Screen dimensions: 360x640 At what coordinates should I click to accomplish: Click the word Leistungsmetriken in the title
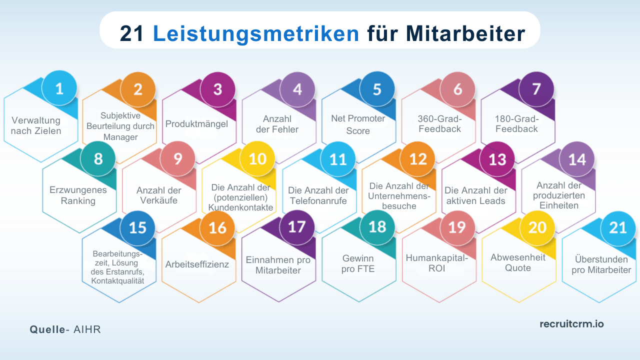click(256, 34)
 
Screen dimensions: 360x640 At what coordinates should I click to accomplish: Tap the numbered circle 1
click(59, 89)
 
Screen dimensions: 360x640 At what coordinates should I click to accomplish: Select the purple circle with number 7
click(536, 89)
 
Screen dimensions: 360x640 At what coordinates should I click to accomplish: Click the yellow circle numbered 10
click(257, 159)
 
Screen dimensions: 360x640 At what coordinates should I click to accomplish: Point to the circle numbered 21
click(618, 228)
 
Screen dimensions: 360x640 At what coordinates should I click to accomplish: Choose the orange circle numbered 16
click(217, 228)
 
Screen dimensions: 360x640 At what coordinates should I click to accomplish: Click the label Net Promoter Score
click(358, 124)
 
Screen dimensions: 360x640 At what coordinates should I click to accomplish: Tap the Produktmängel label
click(196, 123)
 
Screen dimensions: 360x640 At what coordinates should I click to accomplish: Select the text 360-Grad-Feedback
click(439, 124)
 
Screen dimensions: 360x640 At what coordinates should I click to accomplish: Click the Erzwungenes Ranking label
click(78, 195)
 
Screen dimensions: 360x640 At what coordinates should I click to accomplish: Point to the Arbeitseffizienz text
click(197, 264)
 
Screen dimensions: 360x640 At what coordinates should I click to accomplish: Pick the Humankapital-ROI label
click(436, 263)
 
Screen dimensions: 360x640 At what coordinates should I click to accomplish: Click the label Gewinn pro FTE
click(358, 263)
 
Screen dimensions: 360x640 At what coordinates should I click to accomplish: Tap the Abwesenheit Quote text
click(517, 262)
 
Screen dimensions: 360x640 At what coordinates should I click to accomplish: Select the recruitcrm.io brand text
click(571, 324)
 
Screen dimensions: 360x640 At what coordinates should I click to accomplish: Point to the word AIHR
click(87, 329)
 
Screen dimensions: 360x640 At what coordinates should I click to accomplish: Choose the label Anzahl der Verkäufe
click(158, 195)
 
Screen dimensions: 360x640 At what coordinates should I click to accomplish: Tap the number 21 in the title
click(132, 34)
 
